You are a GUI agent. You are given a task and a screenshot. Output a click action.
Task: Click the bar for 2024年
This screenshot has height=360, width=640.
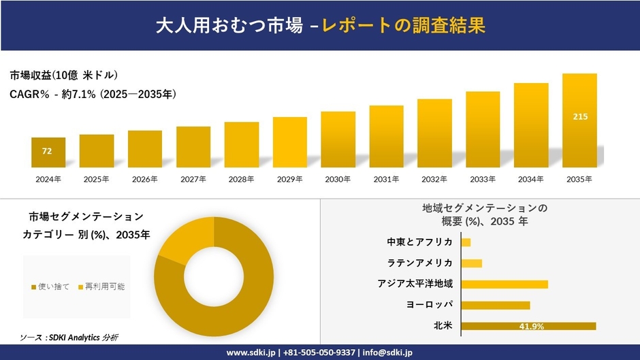point(48,152)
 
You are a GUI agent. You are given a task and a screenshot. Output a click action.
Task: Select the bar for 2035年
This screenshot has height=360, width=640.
point(579,120)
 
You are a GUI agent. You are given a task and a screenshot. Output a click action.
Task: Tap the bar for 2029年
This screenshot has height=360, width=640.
point(290,142)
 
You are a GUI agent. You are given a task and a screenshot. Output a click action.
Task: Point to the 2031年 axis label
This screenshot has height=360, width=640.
point(386,180)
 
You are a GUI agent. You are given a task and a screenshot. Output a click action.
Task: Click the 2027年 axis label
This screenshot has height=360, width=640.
point(193,180)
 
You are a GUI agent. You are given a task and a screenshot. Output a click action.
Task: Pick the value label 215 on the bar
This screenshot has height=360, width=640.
point(580,117)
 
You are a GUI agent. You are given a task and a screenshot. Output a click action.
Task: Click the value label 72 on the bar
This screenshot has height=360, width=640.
point(47,151)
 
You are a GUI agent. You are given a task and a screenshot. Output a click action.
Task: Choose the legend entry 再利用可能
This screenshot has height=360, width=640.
point(101,287)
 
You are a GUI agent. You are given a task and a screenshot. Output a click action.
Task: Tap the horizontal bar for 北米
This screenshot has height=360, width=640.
point(528,326)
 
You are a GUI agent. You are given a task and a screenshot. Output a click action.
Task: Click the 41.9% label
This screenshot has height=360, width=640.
point(531,327)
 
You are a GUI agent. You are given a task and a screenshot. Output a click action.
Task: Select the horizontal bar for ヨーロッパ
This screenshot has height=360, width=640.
point(495,305)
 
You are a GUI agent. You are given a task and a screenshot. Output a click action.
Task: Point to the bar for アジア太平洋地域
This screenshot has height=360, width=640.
point(504,284)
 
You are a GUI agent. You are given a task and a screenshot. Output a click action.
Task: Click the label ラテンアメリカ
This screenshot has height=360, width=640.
point(419,263)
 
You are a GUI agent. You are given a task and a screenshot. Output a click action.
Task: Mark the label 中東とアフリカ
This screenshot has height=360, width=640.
point(419,242)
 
